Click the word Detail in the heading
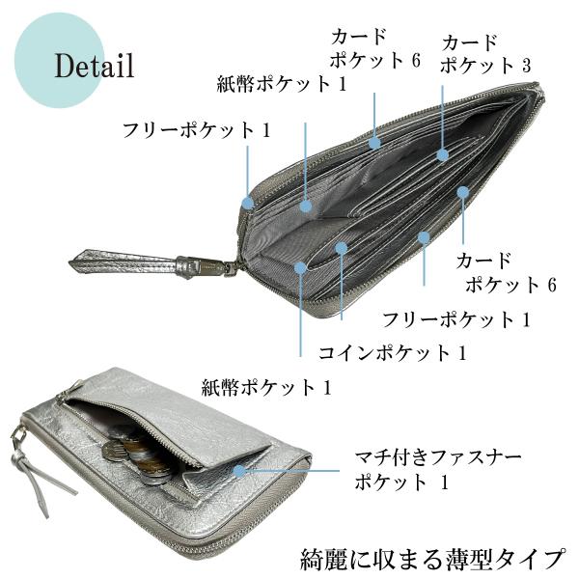(95, 66)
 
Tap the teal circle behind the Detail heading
(59, 60)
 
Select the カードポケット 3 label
(485, 54)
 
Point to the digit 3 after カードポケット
(526, 66)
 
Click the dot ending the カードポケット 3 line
(442, 155)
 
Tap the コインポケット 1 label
(393, 353)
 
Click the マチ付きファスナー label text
(437, 457)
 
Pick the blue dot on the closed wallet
(240, 471)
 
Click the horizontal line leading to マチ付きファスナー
(292, 471)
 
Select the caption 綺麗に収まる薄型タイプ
(432, 559)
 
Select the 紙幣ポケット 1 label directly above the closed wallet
(266, 387)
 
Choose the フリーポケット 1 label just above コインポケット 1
(456, 319)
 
